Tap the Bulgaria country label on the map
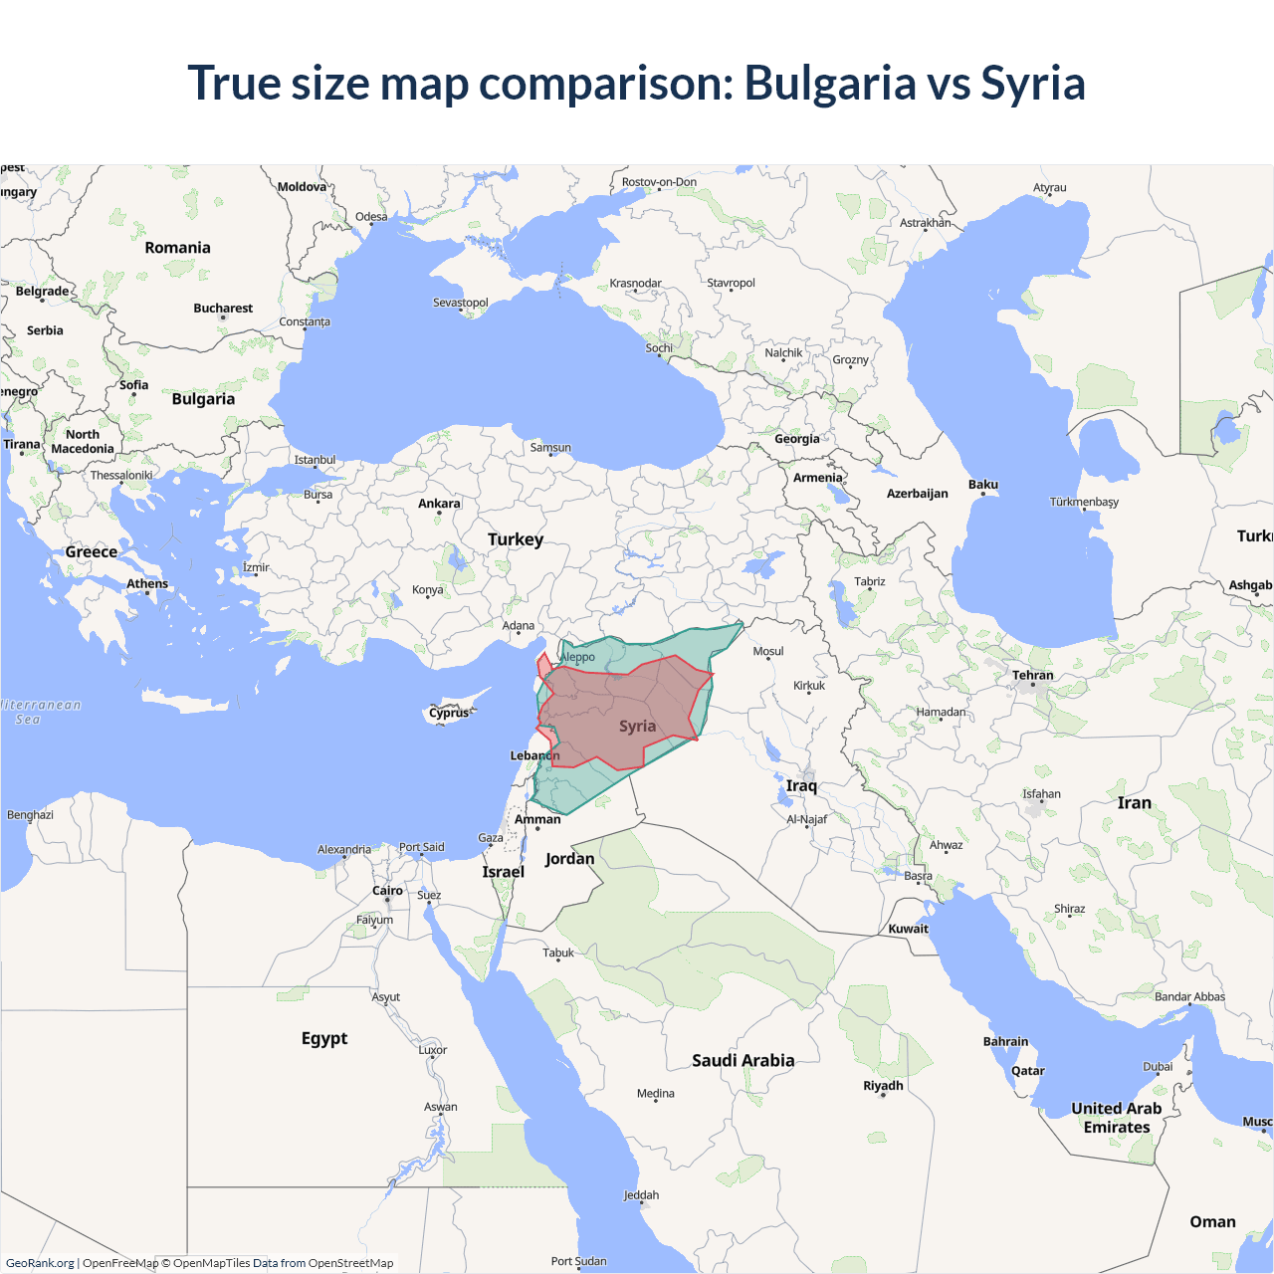(203, 399)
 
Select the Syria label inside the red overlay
(637, 727)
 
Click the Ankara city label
(439, 504)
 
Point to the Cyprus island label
(449, 713)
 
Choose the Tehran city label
(1032, 676)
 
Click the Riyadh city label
(883, 1086)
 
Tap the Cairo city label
(387, 891)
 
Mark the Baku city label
(982, 485)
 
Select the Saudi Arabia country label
(743, 1061)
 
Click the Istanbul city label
(315, 460)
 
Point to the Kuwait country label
(908, 929)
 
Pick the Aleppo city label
(577, 657)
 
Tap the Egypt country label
(324, 1038)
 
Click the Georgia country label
(796, 439)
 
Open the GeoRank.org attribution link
(40, 1263)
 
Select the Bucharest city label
(223, 309)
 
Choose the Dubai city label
(1157, 1067)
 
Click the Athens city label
(147, 584)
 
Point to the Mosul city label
(767, 652)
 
